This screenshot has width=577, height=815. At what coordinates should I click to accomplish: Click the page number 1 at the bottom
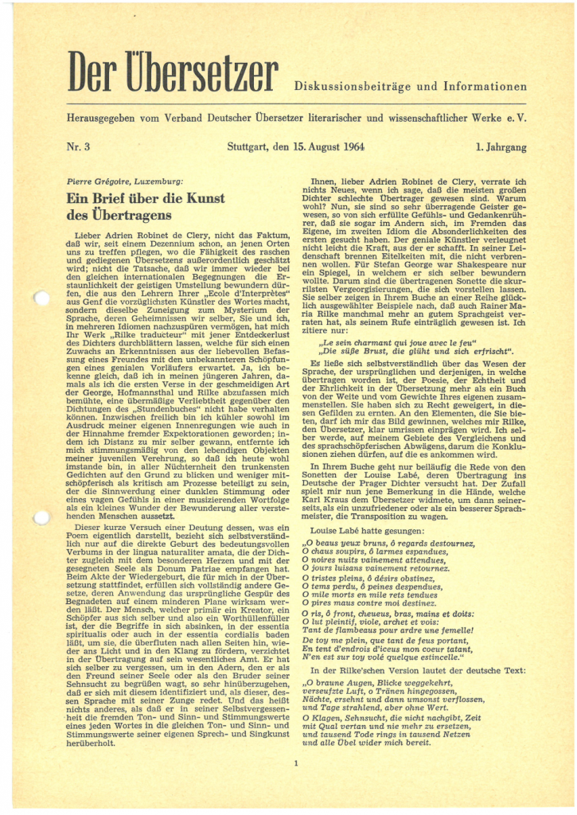coord(295,765)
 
